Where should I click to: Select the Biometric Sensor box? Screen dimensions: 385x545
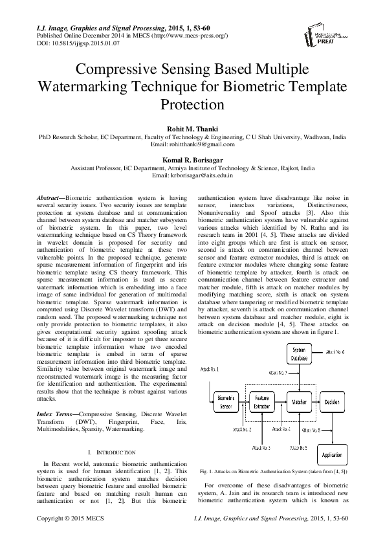click(226, 401)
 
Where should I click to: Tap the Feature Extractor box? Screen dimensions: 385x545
click(262, 401)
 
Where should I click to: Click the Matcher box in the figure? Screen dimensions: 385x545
click(298, 401)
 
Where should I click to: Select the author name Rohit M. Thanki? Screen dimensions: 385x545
click(192, 128)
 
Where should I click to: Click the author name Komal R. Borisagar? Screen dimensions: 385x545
click(192, 157)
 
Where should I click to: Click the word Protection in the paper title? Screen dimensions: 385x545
click(192, 104)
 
